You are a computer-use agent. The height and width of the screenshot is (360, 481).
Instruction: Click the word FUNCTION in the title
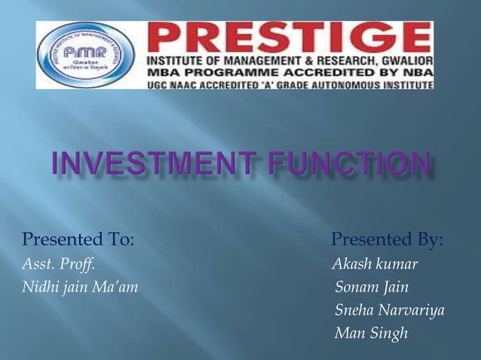pos(359,165)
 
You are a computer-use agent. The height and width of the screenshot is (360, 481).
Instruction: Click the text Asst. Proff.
pos(58,264)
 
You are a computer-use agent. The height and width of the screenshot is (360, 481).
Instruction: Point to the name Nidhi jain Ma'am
pos(79,287)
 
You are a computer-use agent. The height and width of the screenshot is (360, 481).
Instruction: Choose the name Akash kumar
pos(375,264)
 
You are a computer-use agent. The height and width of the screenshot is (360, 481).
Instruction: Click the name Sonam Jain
pos(372,287)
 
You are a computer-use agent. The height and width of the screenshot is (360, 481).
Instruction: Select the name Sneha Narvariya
pos(390,310)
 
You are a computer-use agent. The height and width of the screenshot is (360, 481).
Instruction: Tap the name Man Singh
pos(371,332)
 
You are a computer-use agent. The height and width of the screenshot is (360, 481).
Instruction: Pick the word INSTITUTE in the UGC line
pos(406,85)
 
